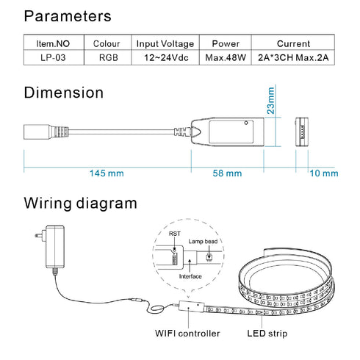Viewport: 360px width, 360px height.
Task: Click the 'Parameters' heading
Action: click(x=68, y=15)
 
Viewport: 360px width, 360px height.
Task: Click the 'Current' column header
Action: click(x=293, y=44)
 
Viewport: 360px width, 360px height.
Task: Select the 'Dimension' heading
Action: click(x=64, y=93)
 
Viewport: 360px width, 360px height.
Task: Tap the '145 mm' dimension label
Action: click(x=107, y=173)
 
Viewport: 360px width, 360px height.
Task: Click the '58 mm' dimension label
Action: click(x=227, y=173)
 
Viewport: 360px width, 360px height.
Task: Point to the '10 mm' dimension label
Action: click(x=324, y=173)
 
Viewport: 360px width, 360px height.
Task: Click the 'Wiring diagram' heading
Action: click(x=81, y=203)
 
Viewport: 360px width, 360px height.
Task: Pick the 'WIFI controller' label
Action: click(x=187, y=334)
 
